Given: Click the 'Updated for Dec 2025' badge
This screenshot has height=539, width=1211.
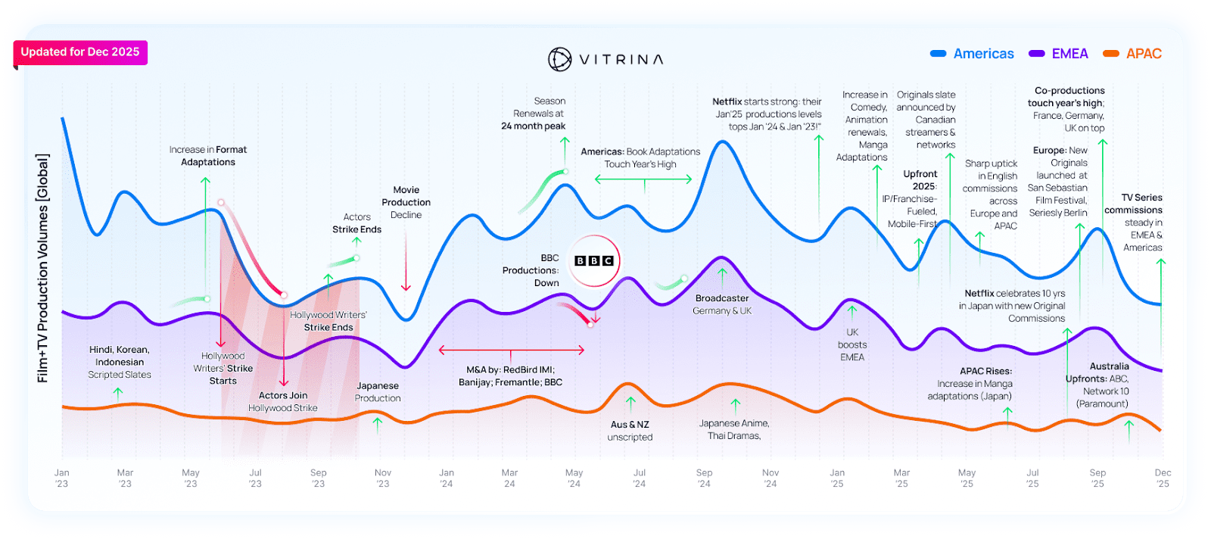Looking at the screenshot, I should [x=80, y=52].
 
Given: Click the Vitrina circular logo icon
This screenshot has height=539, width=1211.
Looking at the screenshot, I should [x=559, y=59].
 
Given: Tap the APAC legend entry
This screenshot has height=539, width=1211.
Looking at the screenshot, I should [x=1132, y=54].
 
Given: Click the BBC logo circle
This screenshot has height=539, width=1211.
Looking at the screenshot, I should [x=594, y=260].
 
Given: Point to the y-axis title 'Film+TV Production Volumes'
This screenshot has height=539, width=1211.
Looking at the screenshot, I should [x=43, y=268].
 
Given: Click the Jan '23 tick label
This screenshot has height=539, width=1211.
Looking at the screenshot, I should [x=62, y=478].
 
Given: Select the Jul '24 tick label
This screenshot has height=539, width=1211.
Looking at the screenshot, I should [x=640, y=478].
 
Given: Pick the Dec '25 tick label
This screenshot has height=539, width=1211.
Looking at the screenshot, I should [x=1163, y=478].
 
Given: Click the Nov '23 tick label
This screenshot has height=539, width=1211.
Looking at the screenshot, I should [x=383, y=478].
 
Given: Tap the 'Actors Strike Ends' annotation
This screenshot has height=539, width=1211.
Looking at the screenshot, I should [x=356, y=223].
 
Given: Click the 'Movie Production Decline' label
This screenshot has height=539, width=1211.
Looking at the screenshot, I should [x=406, y=202].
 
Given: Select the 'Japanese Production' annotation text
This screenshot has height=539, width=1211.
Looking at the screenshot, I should [x=378, y=392].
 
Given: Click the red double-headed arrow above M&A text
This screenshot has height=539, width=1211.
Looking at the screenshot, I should [x=512, y=351].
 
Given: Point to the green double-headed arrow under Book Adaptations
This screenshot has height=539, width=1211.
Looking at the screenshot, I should [x=643, y=179].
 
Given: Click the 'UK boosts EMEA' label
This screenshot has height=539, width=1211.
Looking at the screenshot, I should [x=852, y=344].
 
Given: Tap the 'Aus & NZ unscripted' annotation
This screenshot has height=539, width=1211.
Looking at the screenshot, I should [x=630, y=431].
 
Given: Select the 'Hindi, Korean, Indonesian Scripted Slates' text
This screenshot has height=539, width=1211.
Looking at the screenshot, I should [x=120, y=362].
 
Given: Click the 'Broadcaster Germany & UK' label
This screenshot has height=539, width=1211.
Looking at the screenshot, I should [x=722, y=304].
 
